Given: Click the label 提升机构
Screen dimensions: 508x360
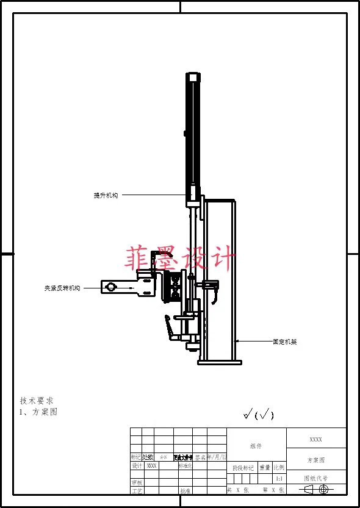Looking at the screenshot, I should (x=106, y=195).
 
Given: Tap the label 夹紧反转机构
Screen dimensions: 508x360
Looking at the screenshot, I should (x=62, y=288).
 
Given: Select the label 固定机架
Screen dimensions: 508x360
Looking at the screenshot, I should (x=284, y=342).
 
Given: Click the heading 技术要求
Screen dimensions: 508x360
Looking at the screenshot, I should (x=37, y=401).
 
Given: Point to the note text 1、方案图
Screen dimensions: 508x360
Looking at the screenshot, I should (x=38, y=412).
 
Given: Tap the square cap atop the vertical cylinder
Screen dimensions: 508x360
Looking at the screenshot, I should (x=193, y=77).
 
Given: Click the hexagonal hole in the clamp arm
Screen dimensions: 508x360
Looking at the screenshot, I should (x=110, y=287).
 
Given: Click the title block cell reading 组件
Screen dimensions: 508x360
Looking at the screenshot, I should (x=256, y=446).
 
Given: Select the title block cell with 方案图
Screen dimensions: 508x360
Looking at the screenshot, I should (x=316, y=460).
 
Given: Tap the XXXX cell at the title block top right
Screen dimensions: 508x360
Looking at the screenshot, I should (x=316, y=439).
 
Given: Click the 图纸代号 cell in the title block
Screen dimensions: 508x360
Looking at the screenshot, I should (x=316, y=479).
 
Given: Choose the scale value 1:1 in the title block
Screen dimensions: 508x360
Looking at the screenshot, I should (x=279, y=479).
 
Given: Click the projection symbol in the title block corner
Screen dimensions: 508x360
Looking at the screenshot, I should (x=316, y=489).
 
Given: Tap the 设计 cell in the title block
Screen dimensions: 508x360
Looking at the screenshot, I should (x=137, y=465).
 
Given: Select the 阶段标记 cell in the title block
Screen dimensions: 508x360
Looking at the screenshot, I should (x=243, y=468).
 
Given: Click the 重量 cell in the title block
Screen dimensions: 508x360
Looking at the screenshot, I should (x=265, y=468).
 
